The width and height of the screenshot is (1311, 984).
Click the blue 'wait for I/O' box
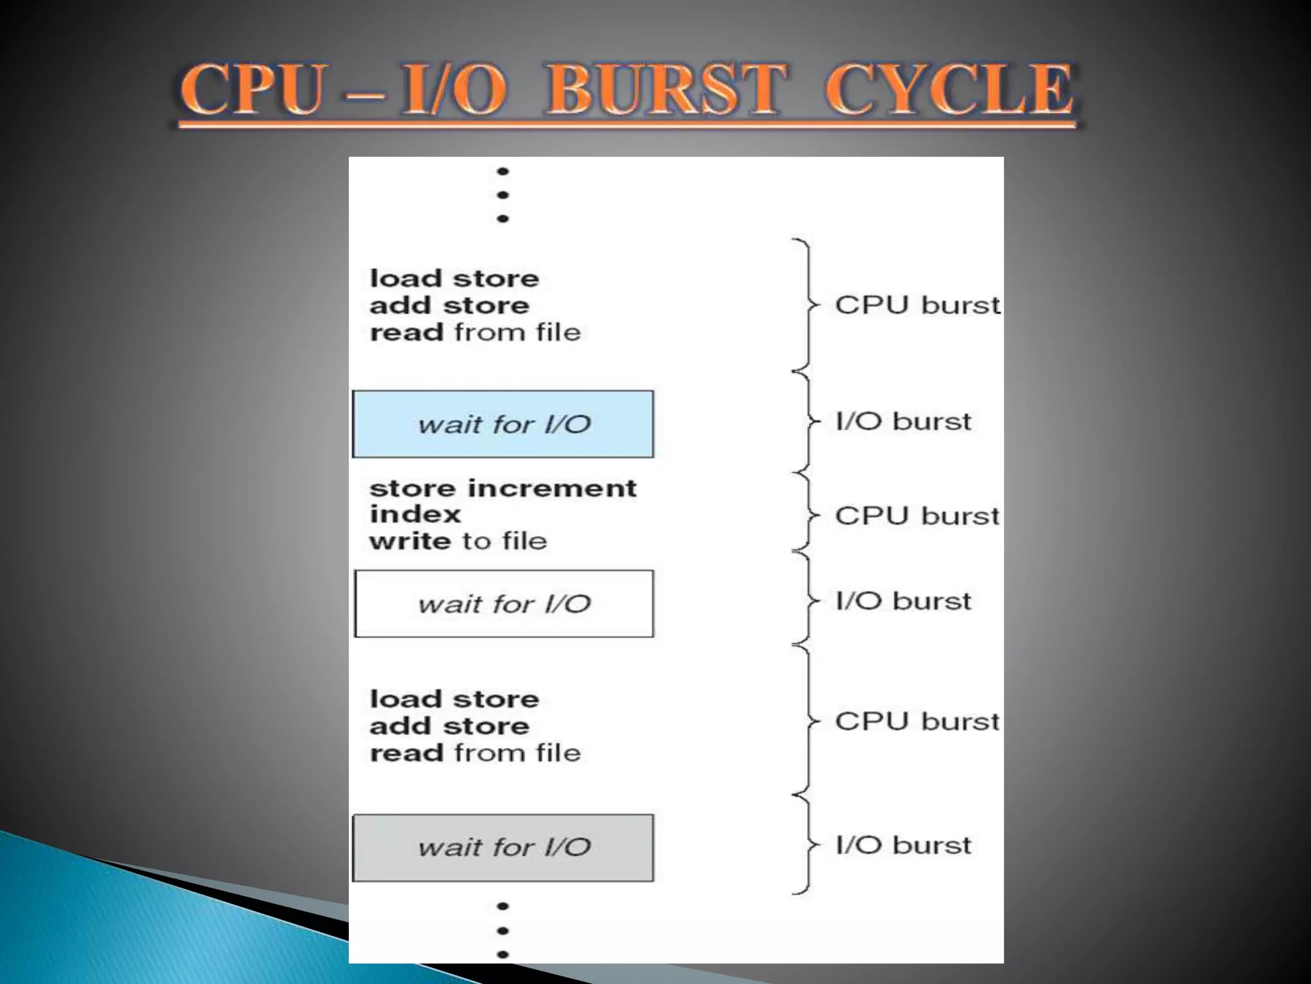coord(503,424)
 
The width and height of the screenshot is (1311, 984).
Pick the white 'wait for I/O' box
coord(504,603)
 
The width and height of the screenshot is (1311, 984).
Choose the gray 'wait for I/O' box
coord(503,848)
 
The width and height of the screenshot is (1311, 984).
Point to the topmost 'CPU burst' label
coord(917,305)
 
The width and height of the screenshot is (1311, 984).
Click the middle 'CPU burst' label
coord(917,516)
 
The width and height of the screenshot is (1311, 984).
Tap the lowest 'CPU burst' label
coord(917,721)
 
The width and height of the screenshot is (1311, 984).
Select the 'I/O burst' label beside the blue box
coord(903,422)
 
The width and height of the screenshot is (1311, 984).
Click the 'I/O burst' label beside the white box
coord(903,601)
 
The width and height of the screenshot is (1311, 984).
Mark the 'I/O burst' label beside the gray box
coord(903,845)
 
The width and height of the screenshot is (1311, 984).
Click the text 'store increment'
coord(503,488)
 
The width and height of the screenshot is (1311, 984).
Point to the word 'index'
coord(415,514)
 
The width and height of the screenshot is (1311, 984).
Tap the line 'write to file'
coord(458,541)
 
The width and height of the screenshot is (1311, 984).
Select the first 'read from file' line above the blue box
coord(475,332)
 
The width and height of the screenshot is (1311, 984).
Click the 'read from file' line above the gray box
coord(475,753)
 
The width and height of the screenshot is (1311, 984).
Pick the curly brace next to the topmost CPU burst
coord(806,305)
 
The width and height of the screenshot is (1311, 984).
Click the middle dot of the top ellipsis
coord(503,195)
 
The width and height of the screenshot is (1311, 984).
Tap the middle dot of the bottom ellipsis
coord(503,930)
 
